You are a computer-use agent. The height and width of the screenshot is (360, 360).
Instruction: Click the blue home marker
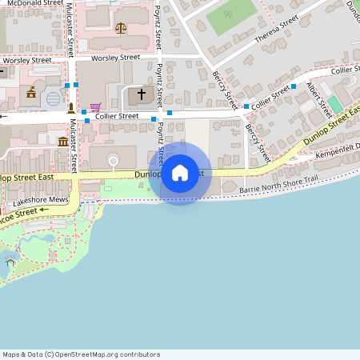point(180,173)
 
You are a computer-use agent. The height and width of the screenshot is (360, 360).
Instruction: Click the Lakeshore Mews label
point(42,199)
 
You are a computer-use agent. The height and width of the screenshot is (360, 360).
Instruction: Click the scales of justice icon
point(121,27)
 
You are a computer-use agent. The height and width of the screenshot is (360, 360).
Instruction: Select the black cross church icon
point(142,94)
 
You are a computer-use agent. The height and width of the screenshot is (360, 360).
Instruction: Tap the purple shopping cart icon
point(95,107)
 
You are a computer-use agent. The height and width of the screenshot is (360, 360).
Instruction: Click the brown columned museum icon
point(63,142)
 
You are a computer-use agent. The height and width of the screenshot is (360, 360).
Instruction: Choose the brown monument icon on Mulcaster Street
point(70,106)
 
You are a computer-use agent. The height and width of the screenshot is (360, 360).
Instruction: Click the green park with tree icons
point(232,14)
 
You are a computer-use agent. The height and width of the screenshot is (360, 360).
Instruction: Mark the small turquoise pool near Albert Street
point(335,104)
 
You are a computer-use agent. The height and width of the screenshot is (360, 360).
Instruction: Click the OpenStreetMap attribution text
point(81,354)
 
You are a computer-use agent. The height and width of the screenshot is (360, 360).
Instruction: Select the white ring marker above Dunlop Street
point(114,162)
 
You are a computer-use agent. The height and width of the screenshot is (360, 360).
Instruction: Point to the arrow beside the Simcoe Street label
point(44,210)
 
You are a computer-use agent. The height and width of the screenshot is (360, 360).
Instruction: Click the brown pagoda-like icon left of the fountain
point(31,93)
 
